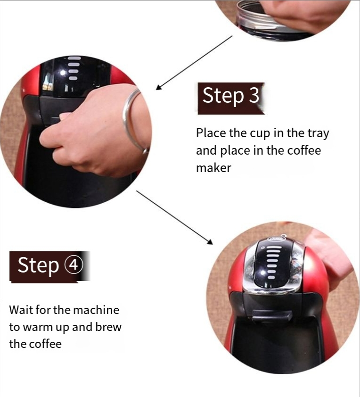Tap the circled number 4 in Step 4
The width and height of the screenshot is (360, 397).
pyautogui.click(x=74, y=265)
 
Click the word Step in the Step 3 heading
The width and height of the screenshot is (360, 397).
pyautogui.click(x=223, y=96)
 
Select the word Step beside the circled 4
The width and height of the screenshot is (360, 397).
pyautogui.click(x=38, y=266)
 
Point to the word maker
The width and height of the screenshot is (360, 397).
pyautogui.click(x=214, y=168)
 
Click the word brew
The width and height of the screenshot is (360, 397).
pyautogui.click(x=108, y=327)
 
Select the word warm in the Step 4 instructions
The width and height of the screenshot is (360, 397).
pyautogui.click(x=36, y=327)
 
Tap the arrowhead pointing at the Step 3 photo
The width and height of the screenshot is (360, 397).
pyautogui.click(x=159, y=87)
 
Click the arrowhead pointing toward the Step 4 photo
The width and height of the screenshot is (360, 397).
pyautogui.click(x=210, y=241)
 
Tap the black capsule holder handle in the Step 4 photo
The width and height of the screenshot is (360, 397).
pyautogui.click(x=271, y=315)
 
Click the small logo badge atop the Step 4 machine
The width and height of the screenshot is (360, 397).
pyautogui.click(x=275, y=239)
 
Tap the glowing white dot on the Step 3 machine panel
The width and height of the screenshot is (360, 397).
pyautogui.click(x=63, y=73)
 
